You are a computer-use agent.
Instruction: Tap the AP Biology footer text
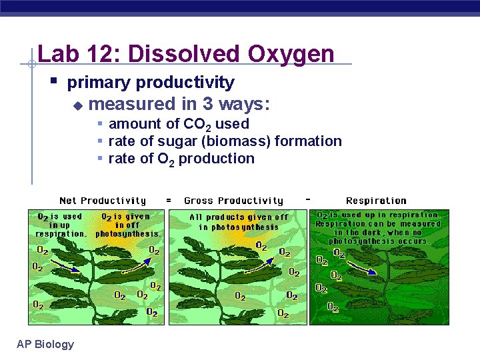pyautogui.click(x=45, y=344)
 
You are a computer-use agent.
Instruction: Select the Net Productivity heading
pyautogui.click(x=103, y=201)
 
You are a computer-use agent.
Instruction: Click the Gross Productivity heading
pyautogui.click(x=233, y=201)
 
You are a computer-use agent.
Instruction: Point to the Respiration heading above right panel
pyautogui.click(x=376, y=201)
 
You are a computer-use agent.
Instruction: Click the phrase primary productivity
pyautogui.click(x=151, y=83)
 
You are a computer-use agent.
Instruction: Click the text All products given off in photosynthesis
pyautogui.click(x=239, y=222)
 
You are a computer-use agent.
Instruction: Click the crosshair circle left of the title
pyautogui.click(x=31, y=65)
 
